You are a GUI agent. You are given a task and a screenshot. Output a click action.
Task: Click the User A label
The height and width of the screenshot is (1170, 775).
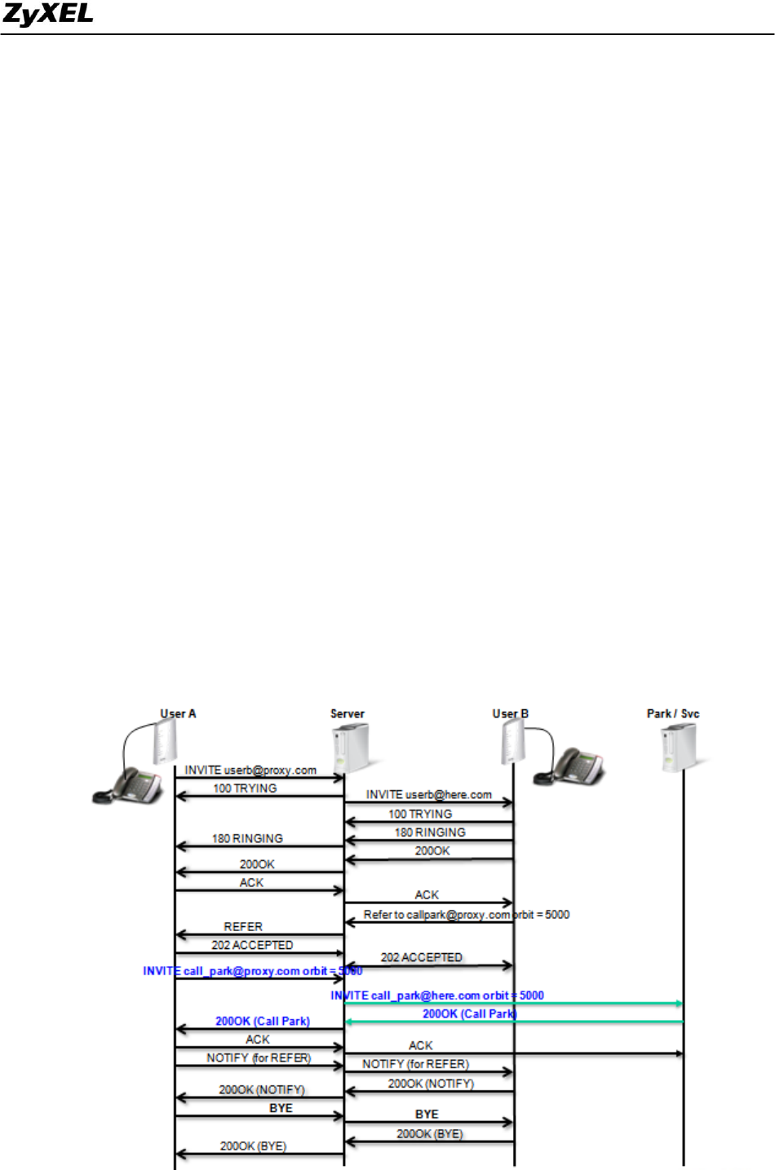178,713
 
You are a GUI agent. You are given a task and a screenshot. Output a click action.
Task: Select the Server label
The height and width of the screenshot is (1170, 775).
348,713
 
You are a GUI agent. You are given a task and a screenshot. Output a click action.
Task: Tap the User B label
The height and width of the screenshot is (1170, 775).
510,713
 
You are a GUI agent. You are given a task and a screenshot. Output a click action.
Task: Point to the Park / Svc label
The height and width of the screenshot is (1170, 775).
673,713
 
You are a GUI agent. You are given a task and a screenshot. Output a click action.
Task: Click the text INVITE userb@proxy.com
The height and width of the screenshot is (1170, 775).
250,770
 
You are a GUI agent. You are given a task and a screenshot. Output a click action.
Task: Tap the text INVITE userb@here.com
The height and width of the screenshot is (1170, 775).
428,794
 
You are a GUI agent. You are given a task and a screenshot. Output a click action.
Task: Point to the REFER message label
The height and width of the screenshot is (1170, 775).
243,927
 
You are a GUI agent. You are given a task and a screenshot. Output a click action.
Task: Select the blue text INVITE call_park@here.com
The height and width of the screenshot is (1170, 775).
436,996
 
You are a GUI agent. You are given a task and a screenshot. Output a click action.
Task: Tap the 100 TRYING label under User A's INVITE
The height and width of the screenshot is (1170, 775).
245,788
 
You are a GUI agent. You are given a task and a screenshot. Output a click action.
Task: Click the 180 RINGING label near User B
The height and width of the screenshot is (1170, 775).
430,832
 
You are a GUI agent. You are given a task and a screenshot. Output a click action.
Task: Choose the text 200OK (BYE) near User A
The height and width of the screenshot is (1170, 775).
253,1146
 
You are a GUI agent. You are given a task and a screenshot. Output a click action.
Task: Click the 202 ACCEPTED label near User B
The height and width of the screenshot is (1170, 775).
421,957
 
